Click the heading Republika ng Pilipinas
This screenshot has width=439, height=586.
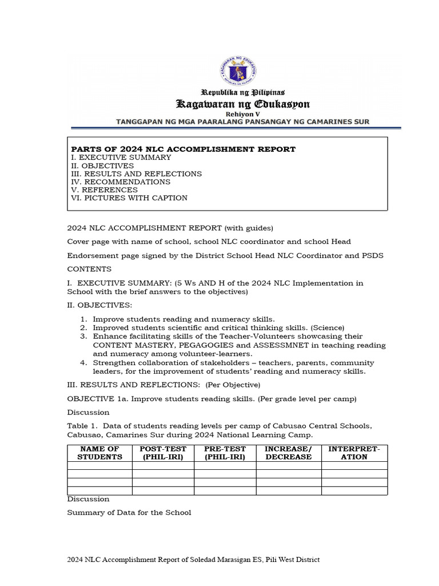pos(242,92)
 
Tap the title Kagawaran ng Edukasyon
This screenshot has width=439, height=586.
pos(242,104)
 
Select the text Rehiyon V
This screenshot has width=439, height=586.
pos(242,114)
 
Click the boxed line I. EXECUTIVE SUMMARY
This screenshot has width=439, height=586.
pos(121,157)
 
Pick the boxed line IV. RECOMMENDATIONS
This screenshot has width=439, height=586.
pos(120,182)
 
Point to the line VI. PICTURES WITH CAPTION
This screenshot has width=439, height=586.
pos(129,198)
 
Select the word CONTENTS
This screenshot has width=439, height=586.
pos(89,269)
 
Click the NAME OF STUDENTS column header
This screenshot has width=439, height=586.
pos(100,453)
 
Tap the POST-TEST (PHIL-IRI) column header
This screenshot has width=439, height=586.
pos(163,453)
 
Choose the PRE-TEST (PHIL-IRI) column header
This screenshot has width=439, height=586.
pos(225,453)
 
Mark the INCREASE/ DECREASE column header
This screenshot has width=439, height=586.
pos(289,453)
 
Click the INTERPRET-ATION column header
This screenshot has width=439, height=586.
pos(354,453)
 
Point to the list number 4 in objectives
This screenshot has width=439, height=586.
pos(83,363)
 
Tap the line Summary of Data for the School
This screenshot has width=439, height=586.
pos(129,512)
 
